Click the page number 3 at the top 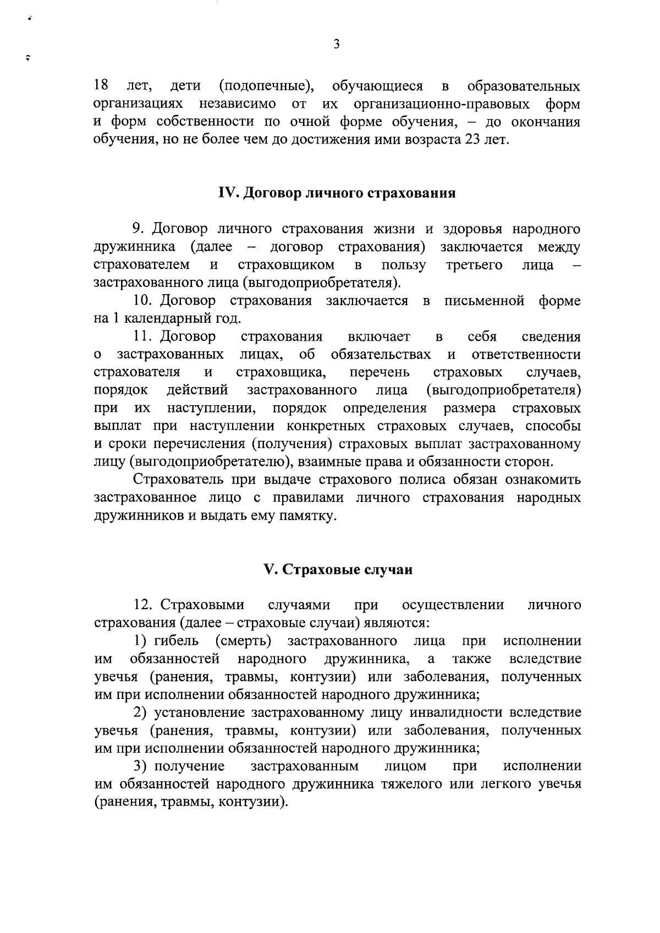(336, 45)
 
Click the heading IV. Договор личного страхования (337, 194)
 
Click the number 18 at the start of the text (101, 86)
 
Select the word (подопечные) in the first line (266, 86)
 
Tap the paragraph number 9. (138, 229)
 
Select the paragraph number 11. (143, 336)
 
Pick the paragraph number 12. (143, 605)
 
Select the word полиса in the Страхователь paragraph (421, 480)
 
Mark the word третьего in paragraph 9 (474, 265)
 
